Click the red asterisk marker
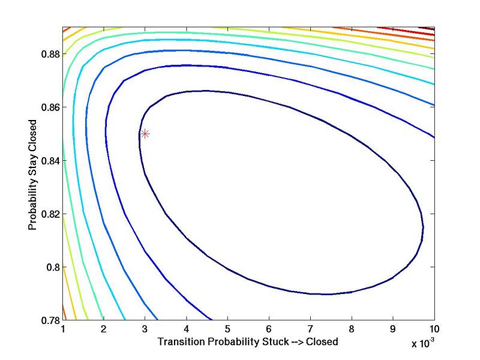pyautogui.click(x=145, y=134)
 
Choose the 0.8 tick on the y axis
pyautogui.click(x=52, y=267)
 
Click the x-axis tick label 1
pyautogui.click(x=62, y=329)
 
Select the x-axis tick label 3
pyautogui.click(x=145, y=329)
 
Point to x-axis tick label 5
pyautogui.click(x=228, y=329)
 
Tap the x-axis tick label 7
pyautogui.click(x=311, y=329)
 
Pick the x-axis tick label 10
pyautogui.click(x=434, y=329)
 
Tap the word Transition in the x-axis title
pyautogui.click(x=178, y=341)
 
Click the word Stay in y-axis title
pyautogui.click(x=32, y=160)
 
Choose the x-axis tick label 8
pyautogui.click(x=352, y=329)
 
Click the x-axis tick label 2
pyautogui.click(x=104, y=329)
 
